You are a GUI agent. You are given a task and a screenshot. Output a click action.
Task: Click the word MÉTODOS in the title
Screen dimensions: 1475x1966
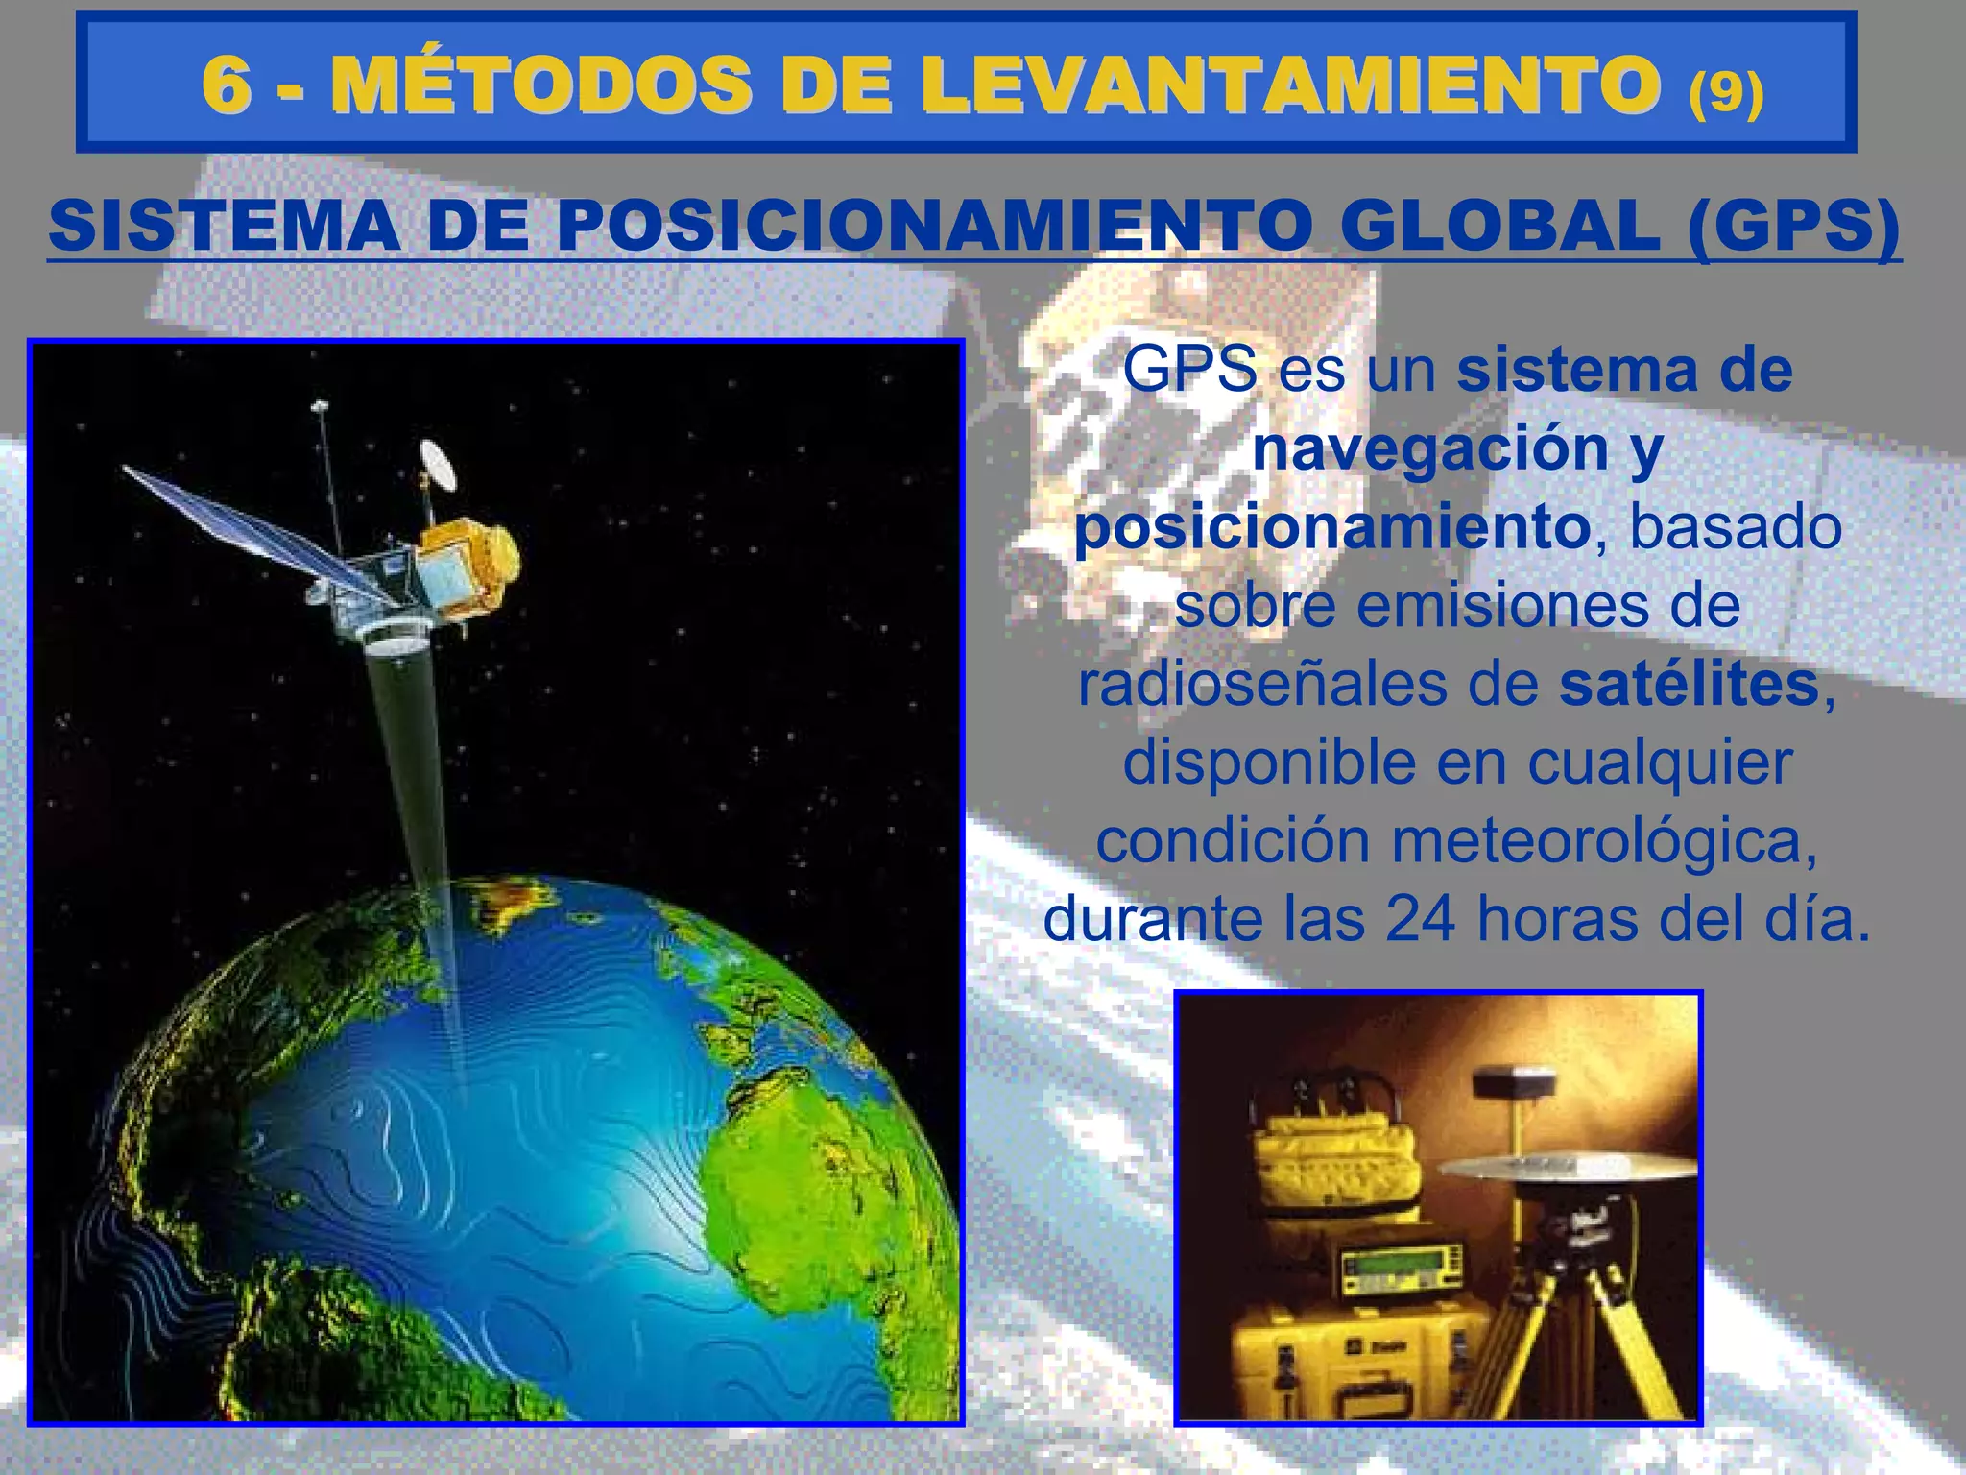click(x=540, y=85)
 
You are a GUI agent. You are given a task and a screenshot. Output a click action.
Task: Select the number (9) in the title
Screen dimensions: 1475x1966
click(x=1725, y=92)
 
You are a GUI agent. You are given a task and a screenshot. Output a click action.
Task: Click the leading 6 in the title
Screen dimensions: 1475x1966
click(x=227, y=85)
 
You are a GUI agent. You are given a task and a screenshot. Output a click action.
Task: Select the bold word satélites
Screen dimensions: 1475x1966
click(x=1689, y=684)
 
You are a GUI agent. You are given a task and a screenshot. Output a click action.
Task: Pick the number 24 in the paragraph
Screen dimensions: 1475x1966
click(x=1424, y=919)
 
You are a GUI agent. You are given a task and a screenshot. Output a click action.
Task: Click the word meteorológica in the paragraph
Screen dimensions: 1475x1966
click(x=1603, y=840)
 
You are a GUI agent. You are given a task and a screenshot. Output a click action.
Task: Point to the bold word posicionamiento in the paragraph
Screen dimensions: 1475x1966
click(x=1331, y=526)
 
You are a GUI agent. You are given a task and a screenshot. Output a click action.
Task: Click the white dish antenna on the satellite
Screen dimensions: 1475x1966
click(x=439, y=464)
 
